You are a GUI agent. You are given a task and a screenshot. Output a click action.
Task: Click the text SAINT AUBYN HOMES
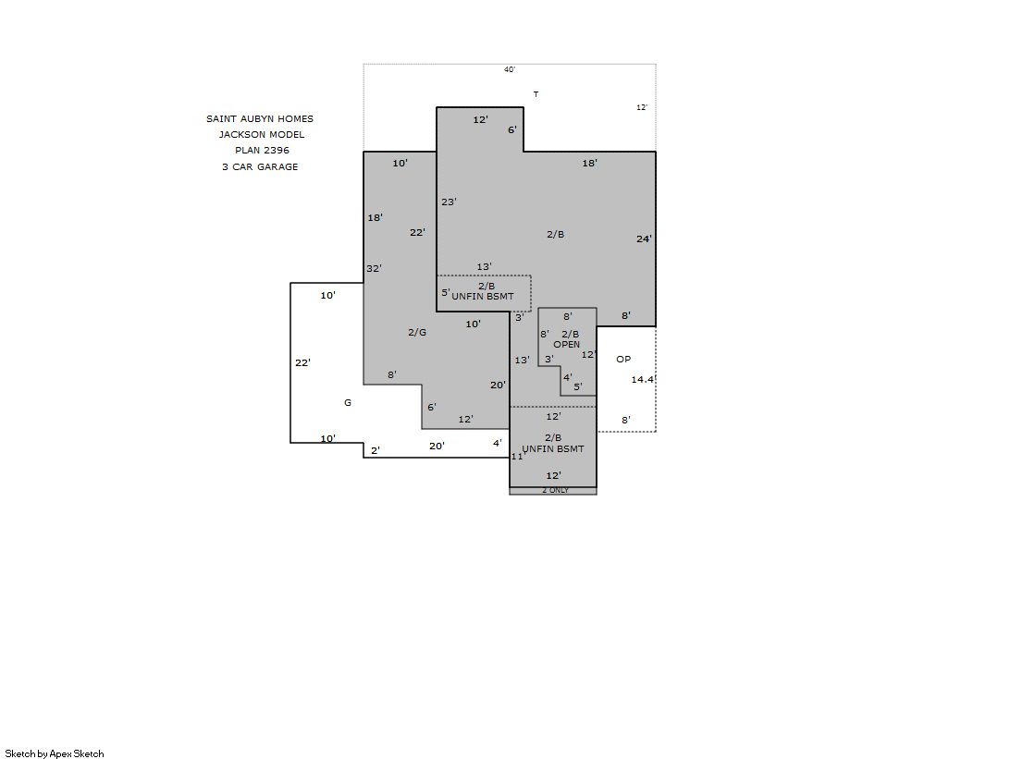pyautogui.click(x=259, y=119)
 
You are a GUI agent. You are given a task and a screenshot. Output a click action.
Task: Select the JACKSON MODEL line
pyautogui.click(x=262, y=135)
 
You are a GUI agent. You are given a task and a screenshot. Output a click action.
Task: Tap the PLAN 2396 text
pyautogui.click(x=262, y=151)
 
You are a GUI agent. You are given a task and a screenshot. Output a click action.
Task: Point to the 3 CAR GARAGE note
pyautogui.click(x=260, y=167)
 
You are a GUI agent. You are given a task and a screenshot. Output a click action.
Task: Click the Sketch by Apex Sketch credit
pyautogui.click(x=55, y=753)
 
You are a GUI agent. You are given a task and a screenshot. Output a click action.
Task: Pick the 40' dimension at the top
pyautogui.click(x=510, y=69)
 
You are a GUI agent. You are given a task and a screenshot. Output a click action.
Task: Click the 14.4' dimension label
pyautogui.click(x=643, y=379)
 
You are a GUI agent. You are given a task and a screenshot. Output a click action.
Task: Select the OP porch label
pyautogui.click(x=623, y=359)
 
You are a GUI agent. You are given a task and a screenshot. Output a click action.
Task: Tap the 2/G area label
pyautogui.click(x=417, y=333)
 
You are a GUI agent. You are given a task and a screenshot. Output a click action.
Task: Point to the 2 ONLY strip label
pyautogui.click(x=555, y=490)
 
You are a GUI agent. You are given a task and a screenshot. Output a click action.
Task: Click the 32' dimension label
pyautogui.click(x=375, y=269)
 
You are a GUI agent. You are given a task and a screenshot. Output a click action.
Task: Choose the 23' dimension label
pyautogui.click(x=449, y=202)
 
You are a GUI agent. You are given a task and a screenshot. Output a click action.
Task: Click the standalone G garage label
pyautogui.click(x=348, y=402)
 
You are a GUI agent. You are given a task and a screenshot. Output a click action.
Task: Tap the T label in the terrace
pyautogui.click(x=536, y=94)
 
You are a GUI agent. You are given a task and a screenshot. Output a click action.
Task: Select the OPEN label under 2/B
pyautogui.click(x=566, y=345)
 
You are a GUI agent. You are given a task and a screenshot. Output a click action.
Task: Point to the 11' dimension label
pyautogui.click(x=518, y=457)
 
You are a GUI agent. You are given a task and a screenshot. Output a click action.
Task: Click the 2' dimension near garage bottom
pyautogui.click(x=375, y=451)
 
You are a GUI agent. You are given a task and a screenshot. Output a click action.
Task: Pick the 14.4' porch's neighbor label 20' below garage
pyautogui.click(x=437, y=447)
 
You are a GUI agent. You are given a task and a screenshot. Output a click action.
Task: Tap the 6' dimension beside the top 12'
pyautogui.click(x=512, y=130)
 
